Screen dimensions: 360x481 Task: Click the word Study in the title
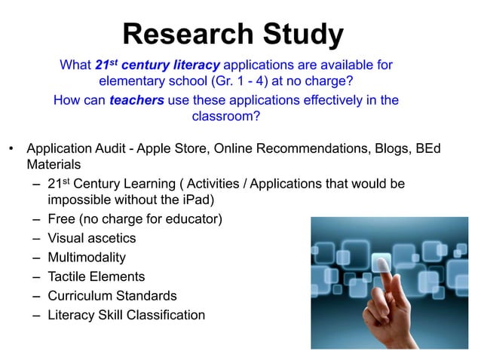coord(302,34)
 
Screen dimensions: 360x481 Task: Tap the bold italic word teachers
coord(136,100)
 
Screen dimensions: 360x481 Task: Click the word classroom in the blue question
coord(224,117)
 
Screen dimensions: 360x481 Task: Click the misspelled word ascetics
coord(111,239)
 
